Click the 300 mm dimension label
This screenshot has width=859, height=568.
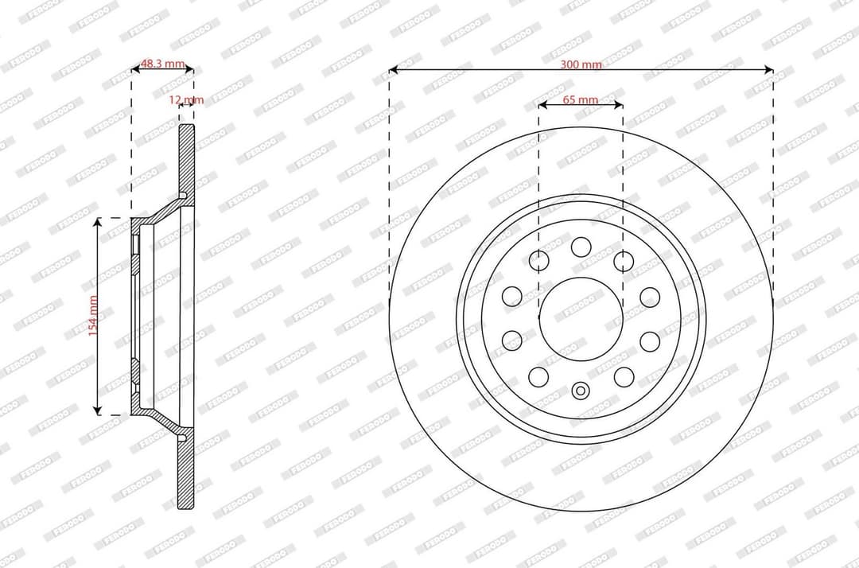(581, 64)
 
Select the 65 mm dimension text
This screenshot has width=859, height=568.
(580, 99)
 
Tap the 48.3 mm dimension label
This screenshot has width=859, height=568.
(162, 64)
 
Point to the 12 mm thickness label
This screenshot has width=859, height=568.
(186, 99)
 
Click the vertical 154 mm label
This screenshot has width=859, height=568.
(93, 316)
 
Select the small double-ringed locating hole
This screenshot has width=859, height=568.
(581, 390)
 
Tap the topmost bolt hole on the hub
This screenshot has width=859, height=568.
(581, 246)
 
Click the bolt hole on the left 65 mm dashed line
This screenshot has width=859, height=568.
(539, 260)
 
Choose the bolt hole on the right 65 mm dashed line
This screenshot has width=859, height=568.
(623, 260)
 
